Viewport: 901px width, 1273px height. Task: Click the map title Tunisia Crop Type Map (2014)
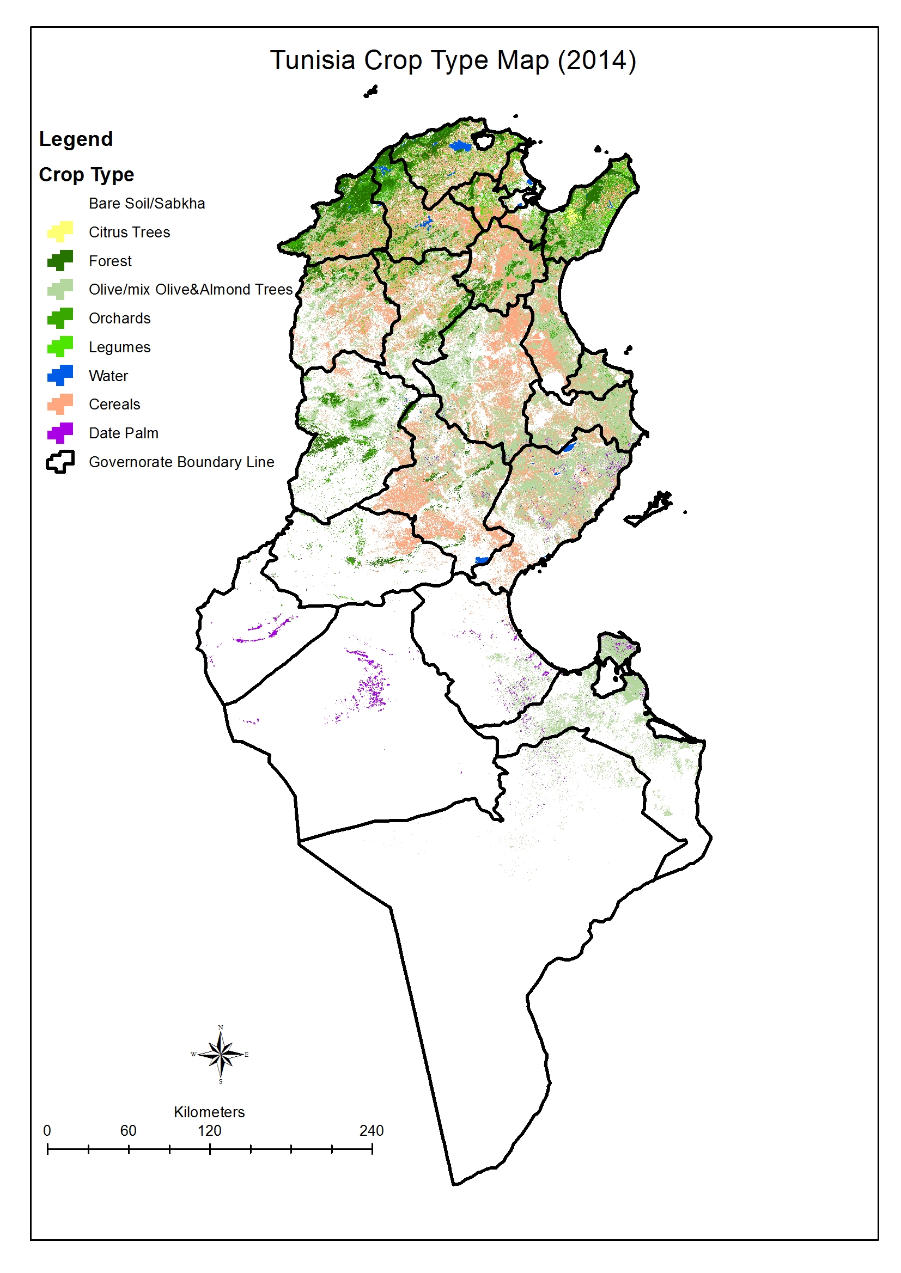click(x=452, y=60)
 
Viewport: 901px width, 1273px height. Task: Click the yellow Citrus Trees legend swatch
click(x=60, y=232)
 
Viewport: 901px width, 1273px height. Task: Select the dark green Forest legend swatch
click(x=60, y=261)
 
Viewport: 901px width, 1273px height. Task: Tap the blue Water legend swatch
click(x=60, y=375)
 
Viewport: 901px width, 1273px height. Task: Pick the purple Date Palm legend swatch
click(x=60, y=432)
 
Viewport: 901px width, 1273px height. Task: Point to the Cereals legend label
click(x=114, y=404)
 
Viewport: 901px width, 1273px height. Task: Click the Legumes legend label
click(x=119, y=347)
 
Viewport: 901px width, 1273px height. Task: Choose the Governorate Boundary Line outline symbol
click(x=60, y=461)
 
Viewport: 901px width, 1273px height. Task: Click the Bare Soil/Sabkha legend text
click(x=147, y=204)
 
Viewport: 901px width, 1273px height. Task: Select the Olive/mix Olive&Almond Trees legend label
click(x=190, y=290)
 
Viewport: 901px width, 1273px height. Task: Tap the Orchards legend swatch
click(x=60, y=318)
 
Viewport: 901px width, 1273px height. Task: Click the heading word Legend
click(x=76, y=139)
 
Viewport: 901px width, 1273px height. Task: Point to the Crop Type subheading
click(x=87, y=175)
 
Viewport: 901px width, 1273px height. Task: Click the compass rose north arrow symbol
click(x=220, y=1054)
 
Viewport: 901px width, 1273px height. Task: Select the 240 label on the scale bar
click(x=371, y=1130)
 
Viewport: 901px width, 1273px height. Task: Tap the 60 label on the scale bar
click(x=128, y=1130)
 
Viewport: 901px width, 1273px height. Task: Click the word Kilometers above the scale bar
click(x=209, y=1112)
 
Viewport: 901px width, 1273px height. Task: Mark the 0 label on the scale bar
click(x=47, y=1130)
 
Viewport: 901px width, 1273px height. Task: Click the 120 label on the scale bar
click(x=209, y=1130)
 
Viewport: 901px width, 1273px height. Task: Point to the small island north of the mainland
click(x=370, y=91)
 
